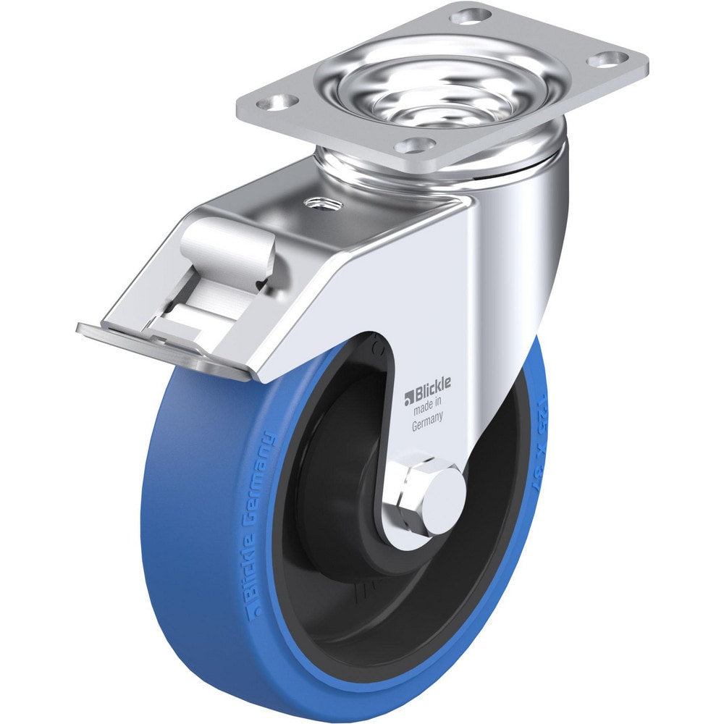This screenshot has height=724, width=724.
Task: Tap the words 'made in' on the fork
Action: coord(427,411)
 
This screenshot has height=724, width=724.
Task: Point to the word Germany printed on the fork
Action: coord(427,426)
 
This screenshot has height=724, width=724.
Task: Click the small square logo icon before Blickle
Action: coord(408,395)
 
